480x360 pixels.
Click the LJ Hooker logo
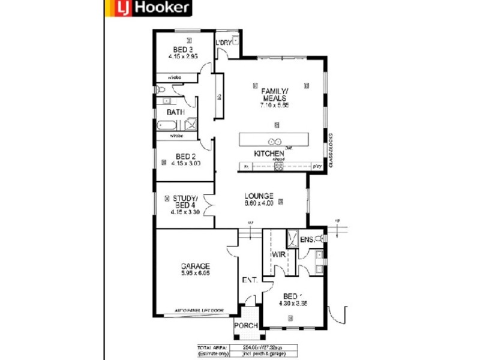click(148, 8)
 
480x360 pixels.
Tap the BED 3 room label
click(183, 49)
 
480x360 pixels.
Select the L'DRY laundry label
click(223, 43)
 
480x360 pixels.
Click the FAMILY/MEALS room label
click(274, 94)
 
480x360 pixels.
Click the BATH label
click(175, 112)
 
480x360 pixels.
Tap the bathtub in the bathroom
click(169, 126)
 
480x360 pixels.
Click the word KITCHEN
click(269, 154)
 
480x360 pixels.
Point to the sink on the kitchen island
click(275, 142)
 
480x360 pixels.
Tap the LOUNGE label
click(259, 196)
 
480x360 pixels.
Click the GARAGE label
click(196, 266)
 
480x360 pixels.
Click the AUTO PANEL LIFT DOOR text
click(199, 310)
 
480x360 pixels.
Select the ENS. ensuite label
click(307, 240)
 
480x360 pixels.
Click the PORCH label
click(246, 326)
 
